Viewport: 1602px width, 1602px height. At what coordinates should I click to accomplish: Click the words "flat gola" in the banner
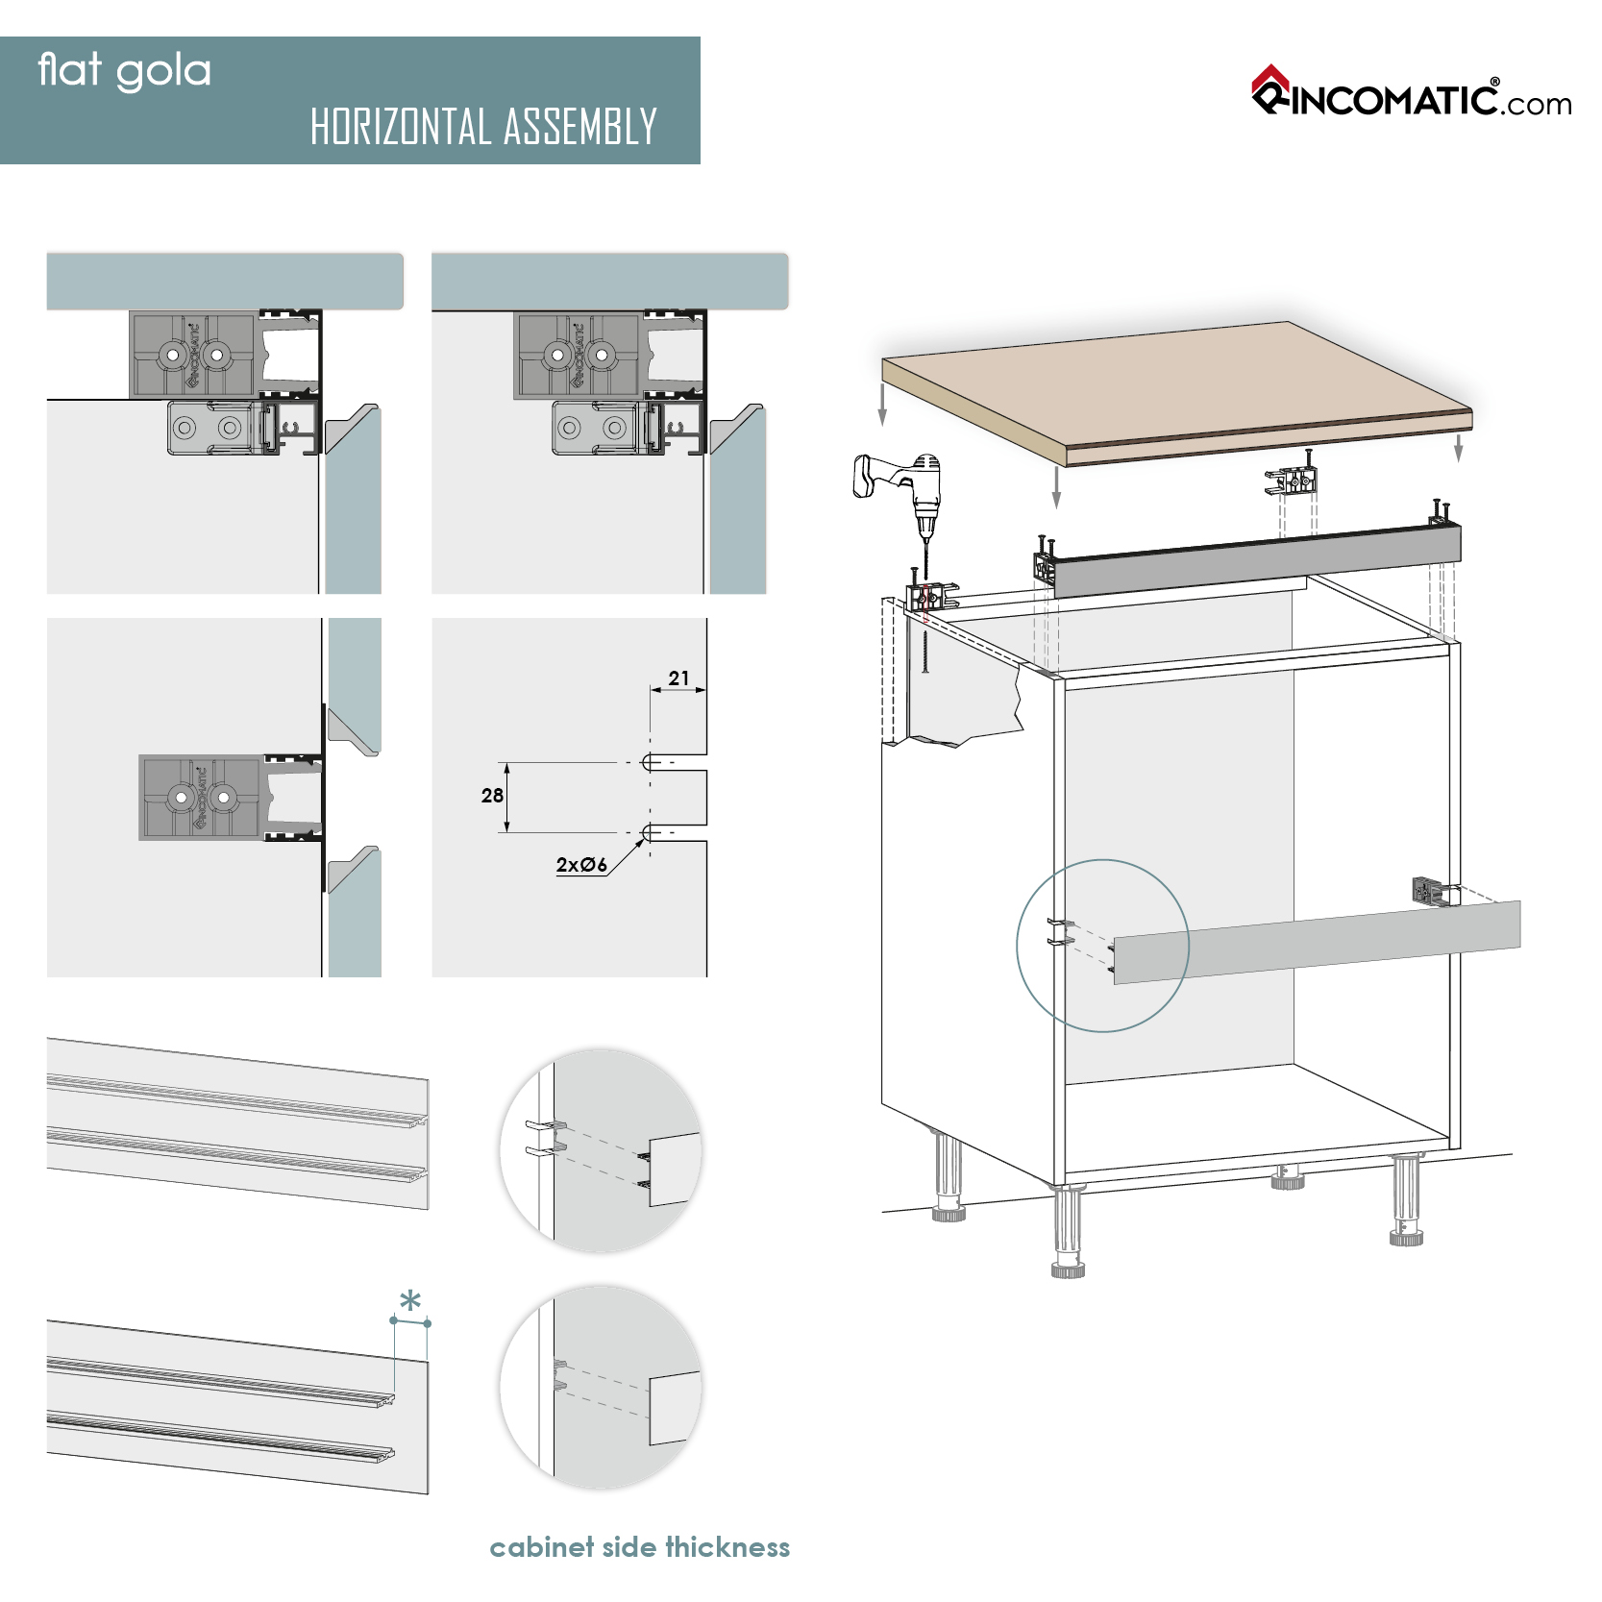[x=124, y=71]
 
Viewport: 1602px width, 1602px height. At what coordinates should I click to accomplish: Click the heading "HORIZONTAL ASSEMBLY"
[x=483, y=127]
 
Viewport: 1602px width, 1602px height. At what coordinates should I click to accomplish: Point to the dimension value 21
[x=678, y=678]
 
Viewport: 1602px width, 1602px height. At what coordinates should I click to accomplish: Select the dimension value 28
[x=492, y=796]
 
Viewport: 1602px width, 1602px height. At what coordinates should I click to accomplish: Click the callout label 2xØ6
[x=581, y=865]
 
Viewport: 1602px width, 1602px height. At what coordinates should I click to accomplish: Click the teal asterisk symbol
[x=410, y=1302]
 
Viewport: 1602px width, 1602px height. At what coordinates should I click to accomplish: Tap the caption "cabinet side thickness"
[x=639, y=1547]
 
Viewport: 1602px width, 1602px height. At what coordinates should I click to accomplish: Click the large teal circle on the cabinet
[x=1102, y=946]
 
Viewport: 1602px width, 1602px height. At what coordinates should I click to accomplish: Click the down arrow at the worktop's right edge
[x=1458, y=447]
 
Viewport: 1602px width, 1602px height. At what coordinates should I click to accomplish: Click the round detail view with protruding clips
[x=601, y=1150]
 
